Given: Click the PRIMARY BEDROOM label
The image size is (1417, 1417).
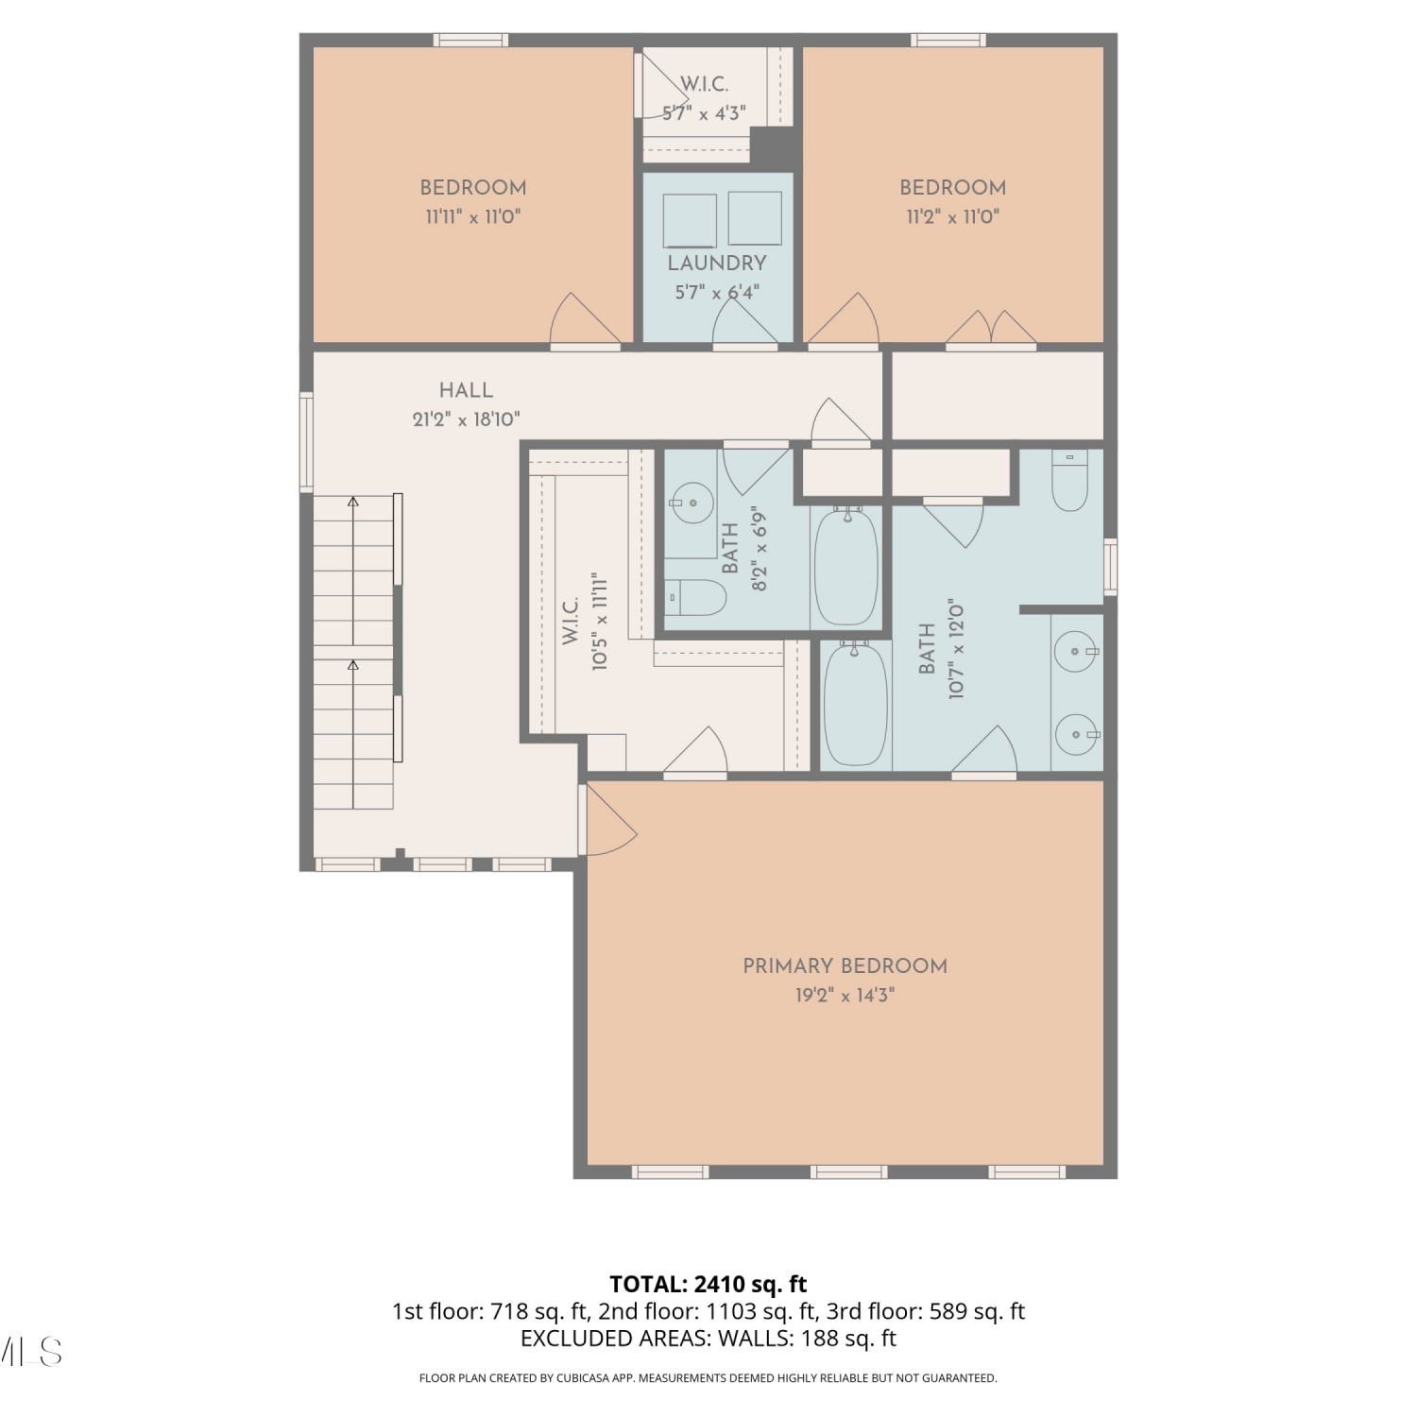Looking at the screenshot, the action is pyautogui.click(x=845, y=965).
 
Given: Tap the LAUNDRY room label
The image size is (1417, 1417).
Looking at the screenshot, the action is pyautogui.click(x=717, y=263).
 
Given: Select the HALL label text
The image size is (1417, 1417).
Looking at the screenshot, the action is pyautogui.click(x=466, y=390).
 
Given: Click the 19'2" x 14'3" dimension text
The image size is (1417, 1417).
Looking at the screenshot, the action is pyautogui.click(x=845, y=995).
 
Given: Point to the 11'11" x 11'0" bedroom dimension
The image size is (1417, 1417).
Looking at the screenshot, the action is pyautogui.click(x=472, y=216).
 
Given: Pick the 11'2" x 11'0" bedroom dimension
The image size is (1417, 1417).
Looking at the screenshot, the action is pyautogui.click(x=952, y=216).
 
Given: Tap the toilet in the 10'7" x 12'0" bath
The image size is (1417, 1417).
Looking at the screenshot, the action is pyautogui.click(x=1069, y=481).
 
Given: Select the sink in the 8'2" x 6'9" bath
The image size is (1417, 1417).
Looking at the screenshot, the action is pyautogui.click(x=692, y=503).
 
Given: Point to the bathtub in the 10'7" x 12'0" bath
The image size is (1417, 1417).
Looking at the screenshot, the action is pyautogui.click(x=855, y=705).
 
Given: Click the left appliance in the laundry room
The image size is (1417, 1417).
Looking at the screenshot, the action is pyautogui.click(x=690, y=220).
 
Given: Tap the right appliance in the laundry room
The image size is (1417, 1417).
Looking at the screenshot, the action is pyautogui.click(x=755, y=218).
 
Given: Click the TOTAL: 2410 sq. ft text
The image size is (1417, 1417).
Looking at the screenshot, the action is pyautogui.click(x=708, y=1284).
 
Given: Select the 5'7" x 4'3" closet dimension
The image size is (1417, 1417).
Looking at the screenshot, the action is pyautogui.click(x=704, y=113).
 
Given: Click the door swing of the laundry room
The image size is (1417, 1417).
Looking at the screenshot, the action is pyautogui.click(x=745, y=321).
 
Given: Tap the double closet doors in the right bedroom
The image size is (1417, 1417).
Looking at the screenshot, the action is pyautogui.click(x=991, y=328).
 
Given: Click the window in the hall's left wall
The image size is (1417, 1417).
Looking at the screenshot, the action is pyautogui.click(x=306, y=442).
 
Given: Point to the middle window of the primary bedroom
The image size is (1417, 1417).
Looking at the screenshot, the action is pyautogui.click(x=848, y=1172).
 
